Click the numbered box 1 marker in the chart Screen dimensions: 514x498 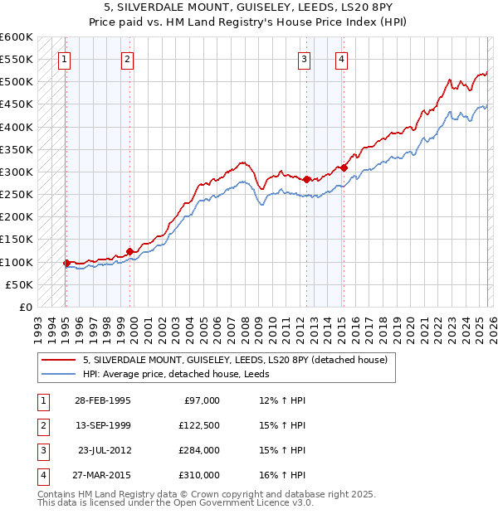(65, 59)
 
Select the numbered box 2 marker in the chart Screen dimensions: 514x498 (127, 59)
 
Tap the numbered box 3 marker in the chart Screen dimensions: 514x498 (305, 59)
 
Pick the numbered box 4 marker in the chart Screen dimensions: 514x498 (341, 59)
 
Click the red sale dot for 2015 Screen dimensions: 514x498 (344, 167)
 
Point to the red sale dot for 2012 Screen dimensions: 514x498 (306, 179)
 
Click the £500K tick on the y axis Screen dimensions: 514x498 (17, 82)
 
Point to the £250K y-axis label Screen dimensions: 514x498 (17, 195)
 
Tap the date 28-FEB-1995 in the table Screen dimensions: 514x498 (102, 400)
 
